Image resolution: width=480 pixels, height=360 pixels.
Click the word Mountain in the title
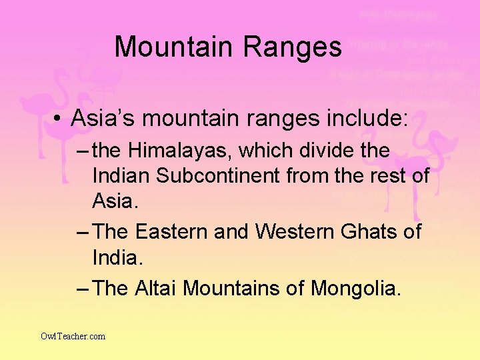[x=175, y=47]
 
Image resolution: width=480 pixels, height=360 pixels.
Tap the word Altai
[x=156, y=289]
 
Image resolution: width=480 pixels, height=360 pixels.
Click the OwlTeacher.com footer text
[x=73, y=336]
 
